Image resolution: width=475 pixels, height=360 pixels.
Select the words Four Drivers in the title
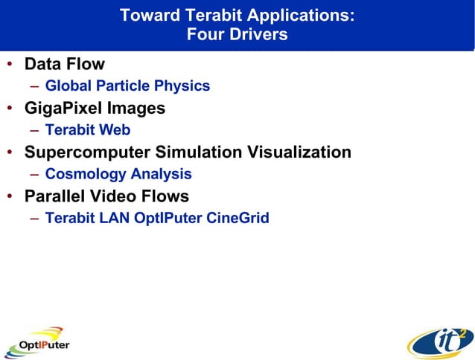tap(237, 35)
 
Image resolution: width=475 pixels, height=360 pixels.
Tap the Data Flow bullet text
tap(65, 64)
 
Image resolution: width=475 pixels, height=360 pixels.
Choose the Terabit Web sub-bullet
tap(88, 130)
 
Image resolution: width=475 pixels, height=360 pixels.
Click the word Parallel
tap(56, 196)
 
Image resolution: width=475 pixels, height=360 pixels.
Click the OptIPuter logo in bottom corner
tap(37, 342)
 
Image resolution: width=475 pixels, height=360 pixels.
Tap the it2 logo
tap(439, 342)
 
